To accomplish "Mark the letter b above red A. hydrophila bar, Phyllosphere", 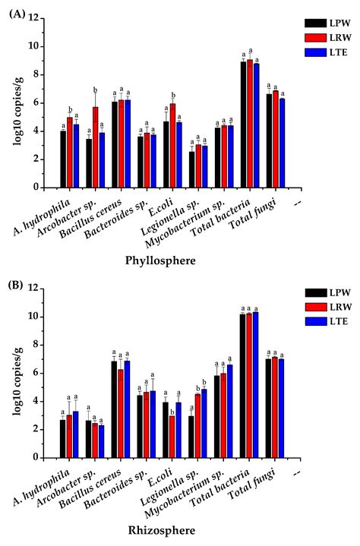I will tap(70, 109).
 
